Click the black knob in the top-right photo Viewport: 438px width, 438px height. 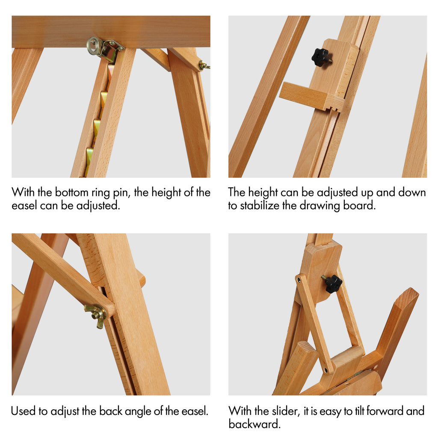click(321, 57)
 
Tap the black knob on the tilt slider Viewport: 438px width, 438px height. click(333, 284)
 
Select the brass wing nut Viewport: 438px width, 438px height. click(96, 315)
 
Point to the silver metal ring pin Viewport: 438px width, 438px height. click(94, 46)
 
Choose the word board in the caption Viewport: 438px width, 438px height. click(359, 206)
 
